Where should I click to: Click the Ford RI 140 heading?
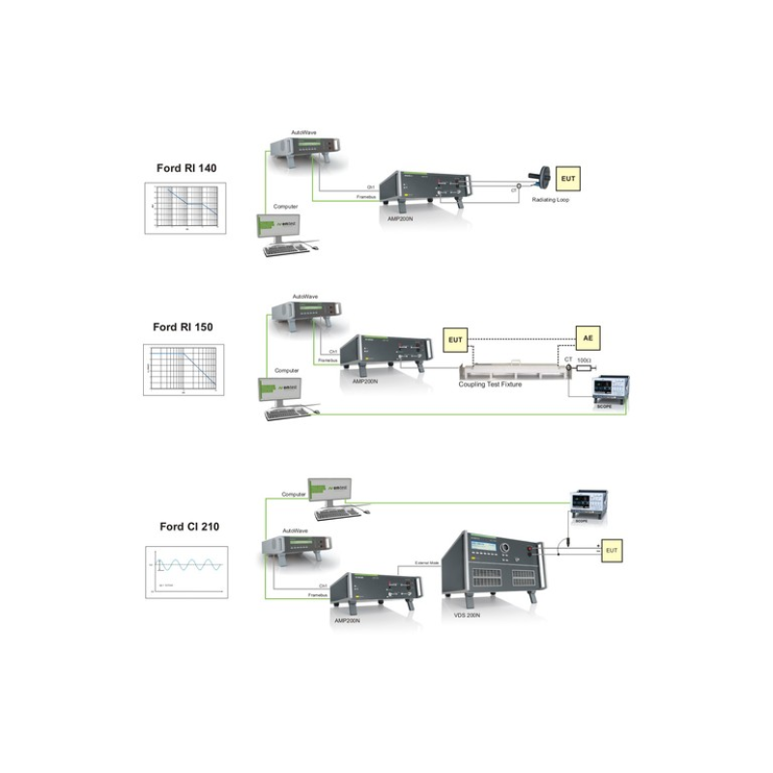click(186, 167)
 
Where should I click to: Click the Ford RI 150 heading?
click(184, 327)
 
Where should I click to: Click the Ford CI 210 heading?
click(187, 527)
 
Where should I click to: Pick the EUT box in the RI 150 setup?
click(455, 339)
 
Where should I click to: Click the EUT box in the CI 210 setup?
click(612, 550)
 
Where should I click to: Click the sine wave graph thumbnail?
click(186, 571)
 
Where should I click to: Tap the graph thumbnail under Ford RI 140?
click(186, 207)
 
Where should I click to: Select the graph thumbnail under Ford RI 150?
click(184, 368)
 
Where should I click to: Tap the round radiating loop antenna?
click(543, 177)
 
